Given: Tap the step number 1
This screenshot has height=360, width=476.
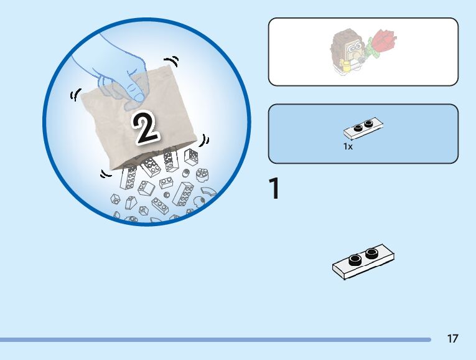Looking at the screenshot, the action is point(274,189).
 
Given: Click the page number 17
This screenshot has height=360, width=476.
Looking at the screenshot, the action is point(452,339).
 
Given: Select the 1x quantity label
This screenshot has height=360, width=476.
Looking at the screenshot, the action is point(348,147).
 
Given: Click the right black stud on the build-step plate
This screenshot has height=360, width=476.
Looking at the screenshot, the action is point(372,252).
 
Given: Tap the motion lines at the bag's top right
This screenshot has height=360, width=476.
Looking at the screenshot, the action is point(175,61).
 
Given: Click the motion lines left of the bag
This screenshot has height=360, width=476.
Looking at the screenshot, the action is point(75,96).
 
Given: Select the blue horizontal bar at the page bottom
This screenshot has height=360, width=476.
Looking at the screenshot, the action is point(215,339).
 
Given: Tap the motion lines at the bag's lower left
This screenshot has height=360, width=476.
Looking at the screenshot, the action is point(105,174).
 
